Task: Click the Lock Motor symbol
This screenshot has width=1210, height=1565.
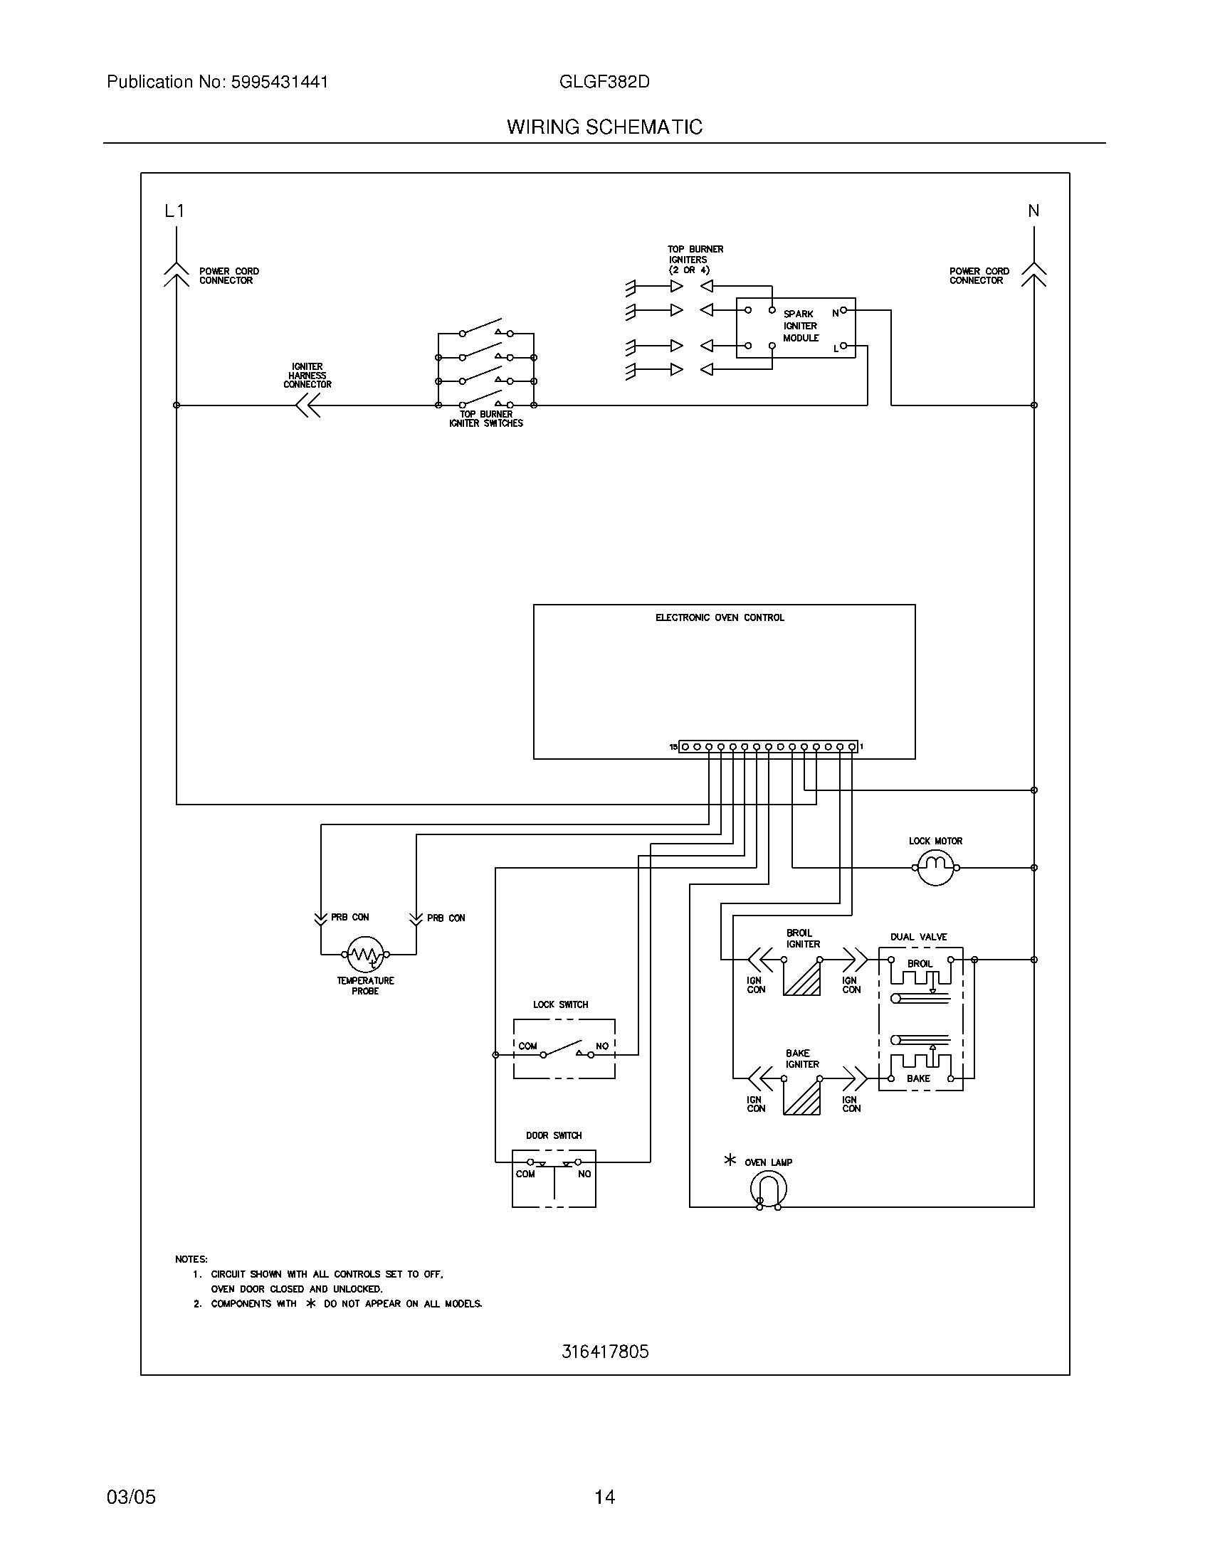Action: (x=935, y=867)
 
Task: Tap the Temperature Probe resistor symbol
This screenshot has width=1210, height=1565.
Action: (x=366, y=954)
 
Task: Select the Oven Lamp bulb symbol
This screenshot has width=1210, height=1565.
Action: (x=769, y=1190)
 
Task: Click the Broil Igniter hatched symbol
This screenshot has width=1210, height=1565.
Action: (x=802, y=977)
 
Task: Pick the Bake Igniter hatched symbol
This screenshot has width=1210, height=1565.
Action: (x=802, y=1097)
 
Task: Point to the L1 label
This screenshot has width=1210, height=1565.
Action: (x=174, y=211)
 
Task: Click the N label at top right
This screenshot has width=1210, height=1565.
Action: (x=1033, y=211)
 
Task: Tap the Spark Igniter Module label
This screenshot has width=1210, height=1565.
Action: (x=800, y=326)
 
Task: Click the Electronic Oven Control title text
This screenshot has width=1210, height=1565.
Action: (x=720, y=617)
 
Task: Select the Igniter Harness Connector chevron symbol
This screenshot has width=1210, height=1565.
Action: (x=308, y=405)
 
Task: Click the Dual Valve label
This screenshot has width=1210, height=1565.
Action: (x=918, y=937)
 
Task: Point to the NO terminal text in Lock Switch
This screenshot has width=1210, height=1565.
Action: (x=602, y=1046)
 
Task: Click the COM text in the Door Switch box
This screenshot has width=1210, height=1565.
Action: (x=525, y=1174)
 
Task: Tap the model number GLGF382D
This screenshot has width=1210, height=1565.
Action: (x=604, y=82)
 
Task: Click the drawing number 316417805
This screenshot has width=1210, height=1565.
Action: (x=605, y=1352)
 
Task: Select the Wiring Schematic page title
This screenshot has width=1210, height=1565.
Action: (x=604, y=127)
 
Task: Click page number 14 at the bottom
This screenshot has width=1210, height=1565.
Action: (x=604, y=1497)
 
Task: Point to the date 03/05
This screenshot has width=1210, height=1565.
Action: (x=131, y=1497)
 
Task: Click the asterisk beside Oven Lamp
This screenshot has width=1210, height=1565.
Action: (x=730, y=1160)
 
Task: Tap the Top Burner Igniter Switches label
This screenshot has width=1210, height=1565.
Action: (x=486, y=419)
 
